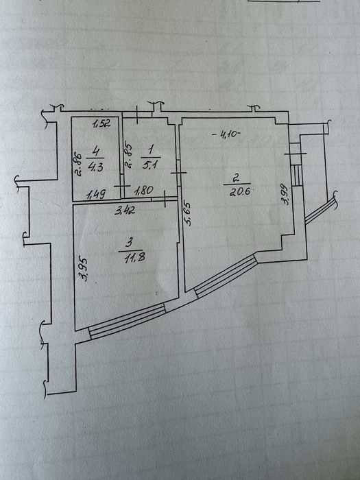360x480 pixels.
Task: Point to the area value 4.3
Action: (x=95, y=167)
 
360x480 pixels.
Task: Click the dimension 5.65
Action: (x=188, y=213)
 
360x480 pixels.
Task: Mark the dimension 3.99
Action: (x=285, y=193)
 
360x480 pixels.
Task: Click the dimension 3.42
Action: (x=125, y=211)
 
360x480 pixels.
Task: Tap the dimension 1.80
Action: (x=143, y=191)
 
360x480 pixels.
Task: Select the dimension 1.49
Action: (x=97, y=193)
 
